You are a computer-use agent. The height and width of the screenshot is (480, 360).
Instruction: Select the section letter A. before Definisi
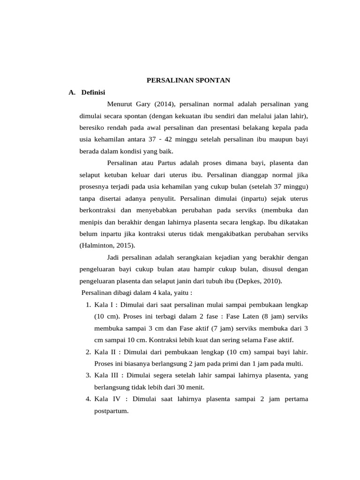coord(72,92)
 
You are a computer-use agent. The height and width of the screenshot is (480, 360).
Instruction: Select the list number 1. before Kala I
coord(89,305)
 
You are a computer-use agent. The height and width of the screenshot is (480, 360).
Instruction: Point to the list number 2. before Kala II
coord(89,352)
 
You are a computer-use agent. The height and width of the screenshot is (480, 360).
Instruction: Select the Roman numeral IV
coord(117,399)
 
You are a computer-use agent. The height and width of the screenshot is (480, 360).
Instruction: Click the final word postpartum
coord(111,411)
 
